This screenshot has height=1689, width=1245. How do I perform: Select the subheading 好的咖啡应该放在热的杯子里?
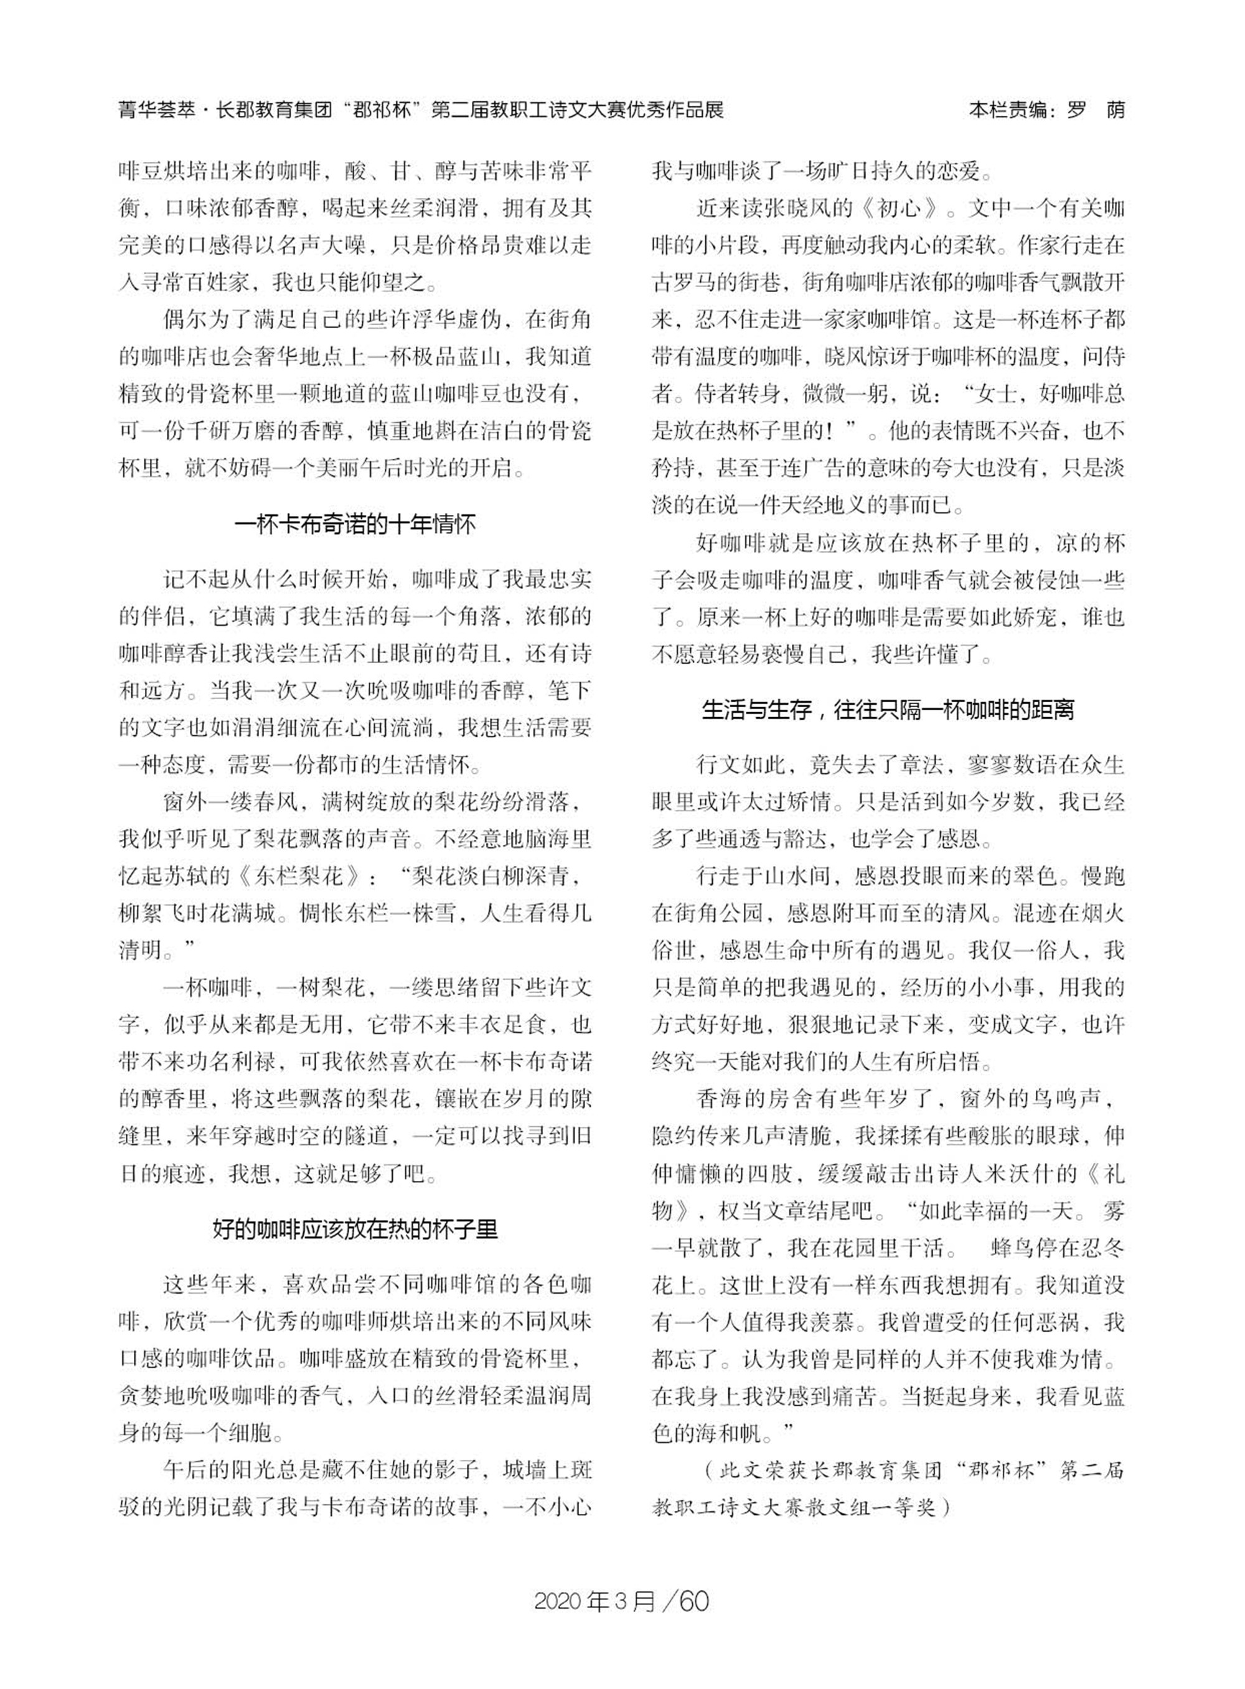tap(355, 1230)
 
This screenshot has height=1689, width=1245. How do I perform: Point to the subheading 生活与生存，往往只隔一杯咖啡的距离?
tap(888, 709)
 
